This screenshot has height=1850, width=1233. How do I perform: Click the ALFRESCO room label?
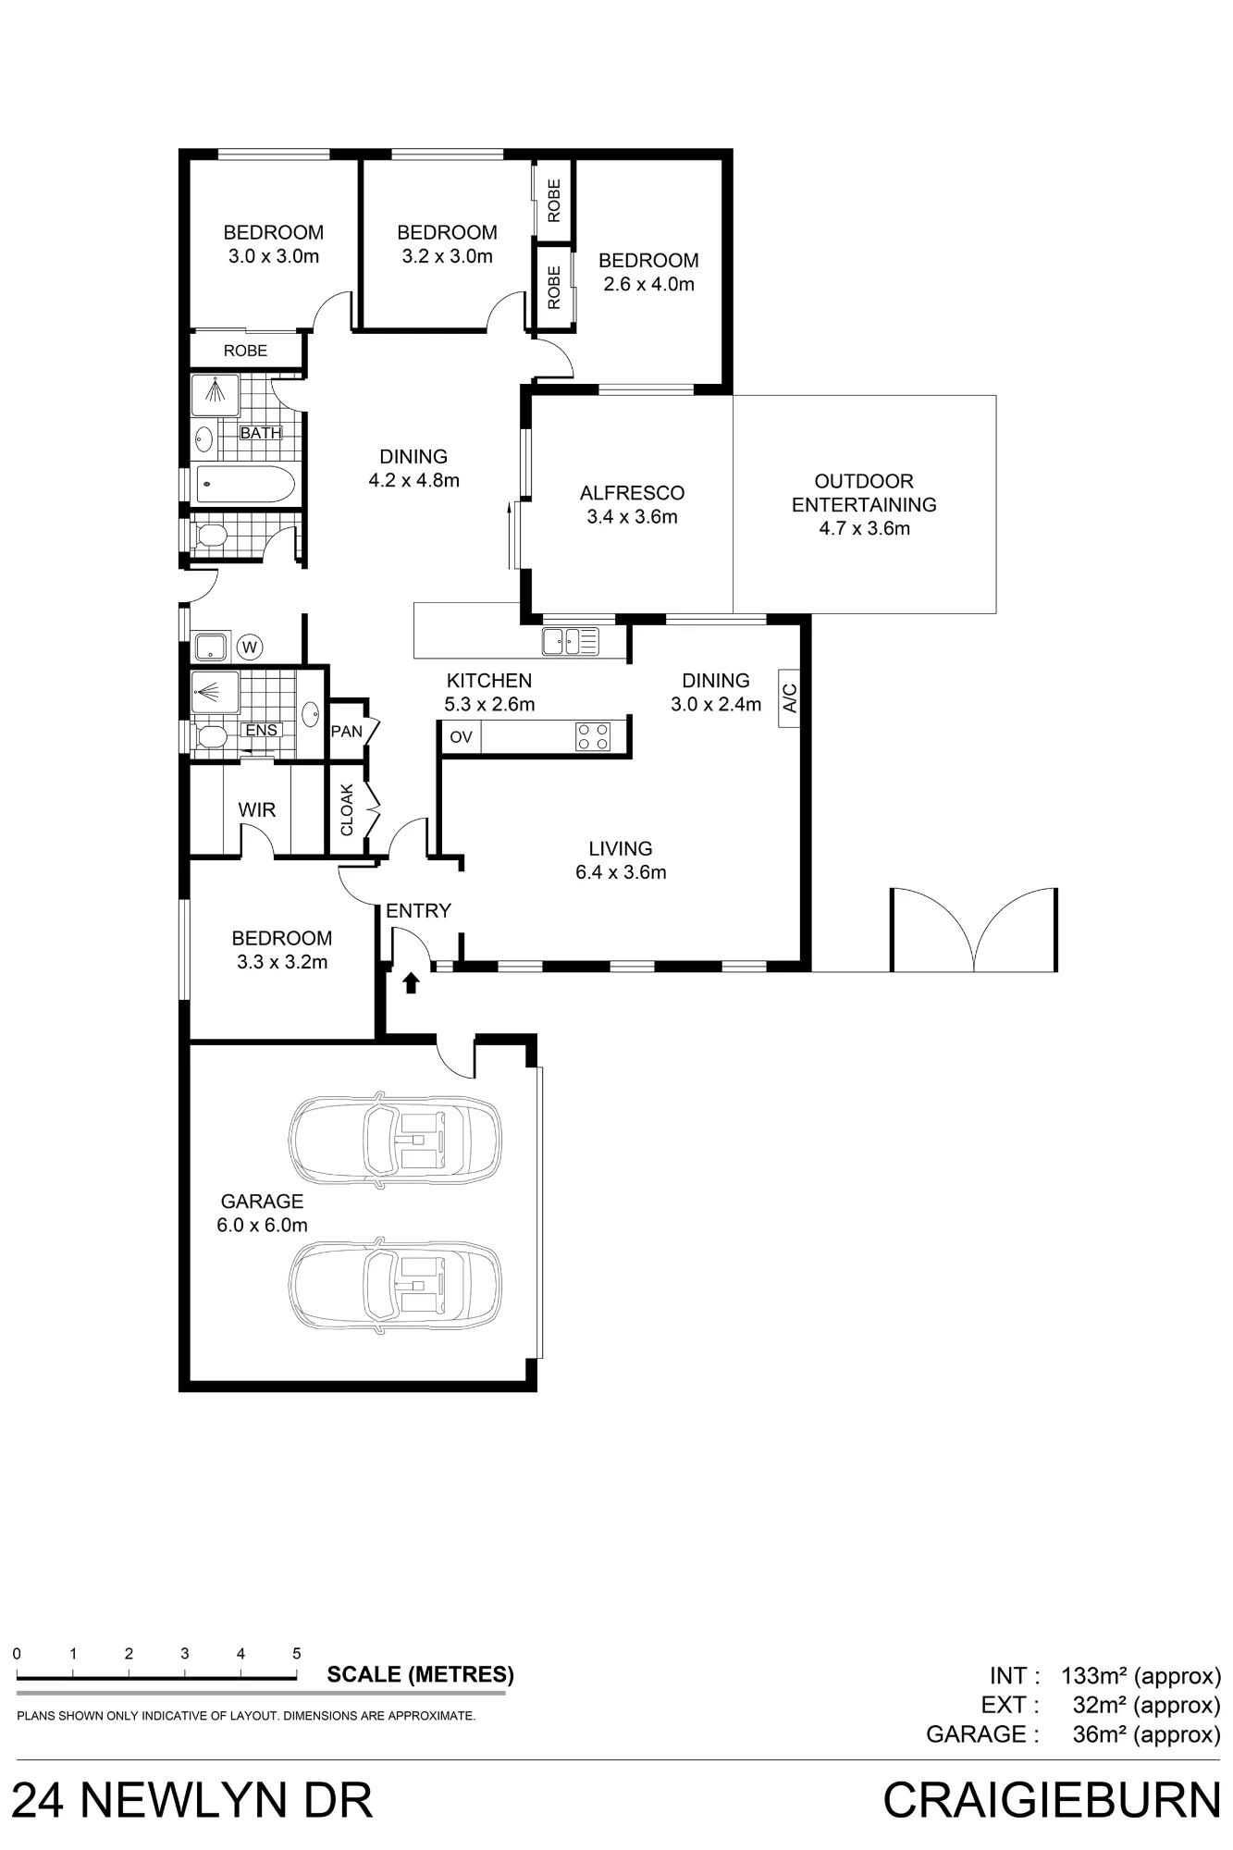[632, 493]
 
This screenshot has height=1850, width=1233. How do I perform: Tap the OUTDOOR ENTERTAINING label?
[864, 493]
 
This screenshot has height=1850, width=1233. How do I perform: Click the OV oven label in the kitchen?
[461, 737]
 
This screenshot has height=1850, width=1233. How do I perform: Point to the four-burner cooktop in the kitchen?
[593, 736]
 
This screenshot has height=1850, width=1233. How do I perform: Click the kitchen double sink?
[571, 640]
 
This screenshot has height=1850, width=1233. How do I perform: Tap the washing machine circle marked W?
[250, 647]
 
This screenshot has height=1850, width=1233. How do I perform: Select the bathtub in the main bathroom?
[245, 484]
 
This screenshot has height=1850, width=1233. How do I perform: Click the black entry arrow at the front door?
[412, 982]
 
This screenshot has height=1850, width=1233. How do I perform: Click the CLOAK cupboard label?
[347, 810]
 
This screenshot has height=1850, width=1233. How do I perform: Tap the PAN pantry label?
[347, 732]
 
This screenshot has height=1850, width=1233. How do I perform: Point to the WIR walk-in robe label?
[257, 810]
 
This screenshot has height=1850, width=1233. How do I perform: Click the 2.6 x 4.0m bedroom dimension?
[648, 284]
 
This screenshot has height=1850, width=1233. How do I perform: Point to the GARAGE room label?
[262, 1202]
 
